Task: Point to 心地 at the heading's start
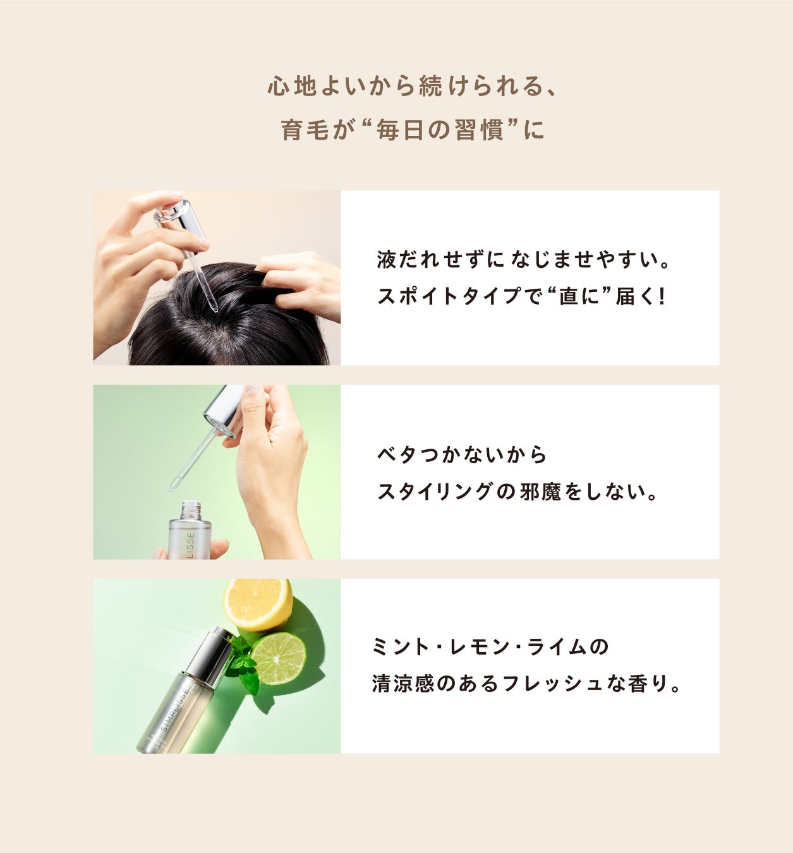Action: point(292,86)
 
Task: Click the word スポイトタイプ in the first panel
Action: point(449,296)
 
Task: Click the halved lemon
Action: point(258,604)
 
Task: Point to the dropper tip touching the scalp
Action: point(214,309)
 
